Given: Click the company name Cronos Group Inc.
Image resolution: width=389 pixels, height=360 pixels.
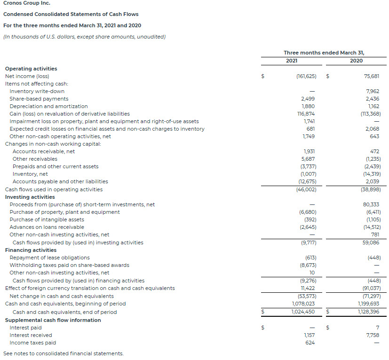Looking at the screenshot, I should (27, 3).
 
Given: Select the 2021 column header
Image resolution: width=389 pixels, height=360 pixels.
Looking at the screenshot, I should (292, 61).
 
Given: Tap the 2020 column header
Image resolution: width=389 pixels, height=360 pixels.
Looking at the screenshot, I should (356, 61).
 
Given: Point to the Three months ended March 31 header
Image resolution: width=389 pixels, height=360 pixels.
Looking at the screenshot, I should (324, 53).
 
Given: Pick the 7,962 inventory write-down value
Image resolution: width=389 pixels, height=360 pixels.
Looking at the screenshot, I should (372, 91).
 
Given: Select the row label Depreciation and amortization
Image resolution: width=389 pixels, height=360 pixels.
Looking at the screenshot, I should (48, 106).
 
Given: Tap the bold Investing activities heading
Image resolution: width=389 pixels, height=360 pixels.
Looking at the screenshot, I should (30, 197).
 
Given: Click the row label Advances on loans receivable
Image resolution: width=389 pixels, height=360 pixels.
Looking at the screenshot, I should (47, 227).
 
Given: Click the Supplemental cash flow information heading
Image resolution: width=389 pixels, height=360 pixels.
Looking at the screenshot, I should (53, 320).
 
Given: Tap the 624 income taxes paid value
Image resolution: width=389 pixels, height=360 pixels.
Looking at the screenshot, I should (310, 343).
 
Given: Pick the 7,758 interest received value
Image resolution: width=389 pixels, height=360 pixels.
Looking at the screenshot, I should (372, 335).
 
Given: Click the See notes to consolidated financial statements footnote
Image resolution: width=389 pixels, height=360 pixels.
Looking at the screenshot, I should (64, 353).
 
